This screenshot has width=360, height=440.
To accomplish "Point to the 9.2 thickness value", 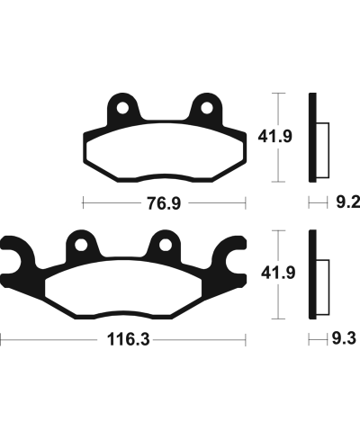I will (345, 203).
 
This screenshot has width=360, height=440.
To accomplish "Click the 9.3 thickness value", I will (343, 342).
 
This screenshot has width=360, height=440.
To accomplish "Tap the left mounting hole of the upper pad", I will (121, 109).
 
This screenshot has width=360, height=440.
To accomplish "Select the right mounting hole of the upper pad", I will (206, 109).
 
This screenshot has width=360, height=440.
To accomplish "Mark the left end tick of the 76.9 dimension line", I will (83, 203).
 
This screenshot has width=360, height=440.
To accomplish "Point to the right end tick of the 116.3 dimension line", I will (247, 342).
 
